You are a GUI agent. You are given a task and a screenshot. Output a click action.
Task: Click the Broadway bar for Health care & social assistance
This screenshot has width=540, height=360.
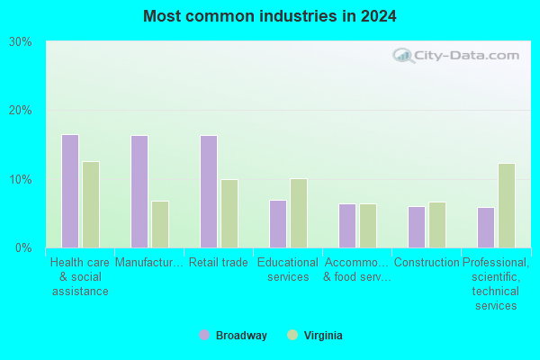70,191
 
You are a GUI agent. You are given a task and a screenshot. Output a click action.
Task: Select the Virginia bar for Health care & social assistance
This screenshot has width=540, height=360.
91,204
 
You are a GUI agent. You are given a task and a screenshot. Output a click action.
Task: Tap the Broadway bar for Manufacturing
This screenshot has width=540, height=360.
139,192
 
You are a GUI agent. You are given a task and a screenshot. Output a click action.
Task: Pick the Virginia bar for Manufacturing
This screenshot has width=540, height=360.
160,224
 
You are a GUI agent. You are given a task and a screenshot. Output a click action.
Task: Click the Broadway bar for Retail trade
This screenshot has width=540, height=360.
209,192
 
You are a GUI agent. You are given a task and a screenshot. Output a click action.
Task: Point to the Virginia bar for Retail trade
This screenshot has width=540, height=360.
229,213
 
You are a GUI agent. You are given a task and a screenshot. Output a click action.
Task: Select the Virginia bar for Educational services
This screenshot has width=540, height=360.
299,213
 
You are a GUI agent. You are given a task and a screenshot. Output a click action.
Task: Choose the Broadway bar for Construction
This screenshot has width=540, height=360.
417,227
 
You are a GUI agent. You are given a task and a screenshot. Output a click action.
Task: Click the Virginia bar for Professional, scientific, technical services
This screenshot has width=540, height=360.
507,205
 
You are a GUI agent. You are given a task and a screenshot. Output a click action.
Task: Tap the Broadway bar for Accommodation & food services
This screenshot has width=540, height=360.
347,226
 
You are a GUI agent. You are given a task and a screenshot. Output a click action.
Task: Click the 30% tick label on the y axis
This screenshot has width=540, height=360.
21,42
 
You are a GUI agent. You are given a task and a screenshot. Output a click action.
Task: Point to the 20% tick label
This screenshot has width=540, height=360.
21,111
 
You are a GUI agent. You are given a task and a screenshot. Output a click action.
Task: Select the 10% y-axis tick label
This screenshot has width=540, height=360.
21,179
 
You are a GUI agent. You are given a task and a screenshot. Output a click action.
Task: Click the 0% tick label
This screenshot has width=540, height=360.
23,247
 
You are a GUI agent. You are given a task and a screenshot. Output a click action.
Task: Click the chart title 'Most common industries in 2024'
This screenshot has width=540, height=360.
270,16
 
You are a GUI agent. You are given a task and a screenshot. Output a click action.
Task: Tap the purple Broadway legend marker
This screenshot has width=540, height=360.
204,335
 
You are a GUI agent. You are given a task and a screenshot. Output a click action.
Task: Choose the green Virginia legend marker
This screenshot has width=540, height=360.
292,335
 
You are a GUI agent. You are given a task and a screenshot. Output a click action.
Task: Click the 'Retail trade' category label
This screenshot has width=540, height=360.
218,263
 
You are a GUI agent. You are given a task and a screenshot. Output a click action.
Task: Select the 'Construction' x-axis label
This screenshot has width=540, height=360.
427,263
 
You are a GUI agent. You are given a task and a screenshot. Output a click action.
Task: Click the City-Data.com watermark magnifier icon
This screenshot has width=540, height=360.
402,57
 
